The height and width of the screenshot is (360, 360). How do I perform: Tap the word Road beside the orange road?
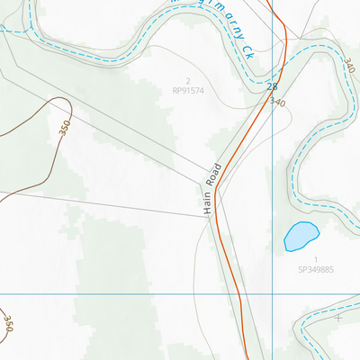[x=215, y=175]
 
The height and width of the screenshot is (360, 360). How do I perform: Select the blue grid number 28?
[x=272, y=86]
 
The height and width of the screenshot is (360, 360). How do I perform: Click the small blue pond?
[x=301, y=236]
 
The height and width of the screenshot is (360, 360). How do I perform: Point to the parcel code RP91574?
[x=188, y=91]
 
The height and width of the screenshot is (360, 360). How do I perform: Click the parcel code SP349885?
[x=316, y=269]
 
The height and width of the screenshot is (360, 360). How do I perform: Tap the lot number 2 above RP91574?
[x=188, y=81]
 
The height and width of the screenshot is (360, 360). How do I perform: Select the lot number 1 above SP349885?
[x=316, y=259]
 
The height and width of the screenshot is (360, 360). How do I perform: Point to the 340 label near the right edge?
[x=349, y=64]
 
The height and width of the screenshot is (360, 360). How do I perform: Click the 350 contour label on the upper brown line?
[x=64, y=128]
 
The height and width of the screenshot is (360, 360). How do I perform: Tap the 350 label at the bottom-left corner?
[x=8, y=324]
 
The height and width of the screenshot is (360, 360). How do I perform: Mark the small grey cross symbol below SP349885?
[x=338, y=318]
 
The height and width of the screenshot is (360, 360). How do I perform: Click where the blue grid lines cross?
[x=272, y=294]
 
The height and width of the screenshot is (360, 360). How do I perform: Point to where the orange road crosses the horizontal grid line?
[x=239, y=294]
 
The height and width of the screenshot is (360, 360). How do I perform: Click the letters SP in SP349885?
[x=301, y=269]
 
